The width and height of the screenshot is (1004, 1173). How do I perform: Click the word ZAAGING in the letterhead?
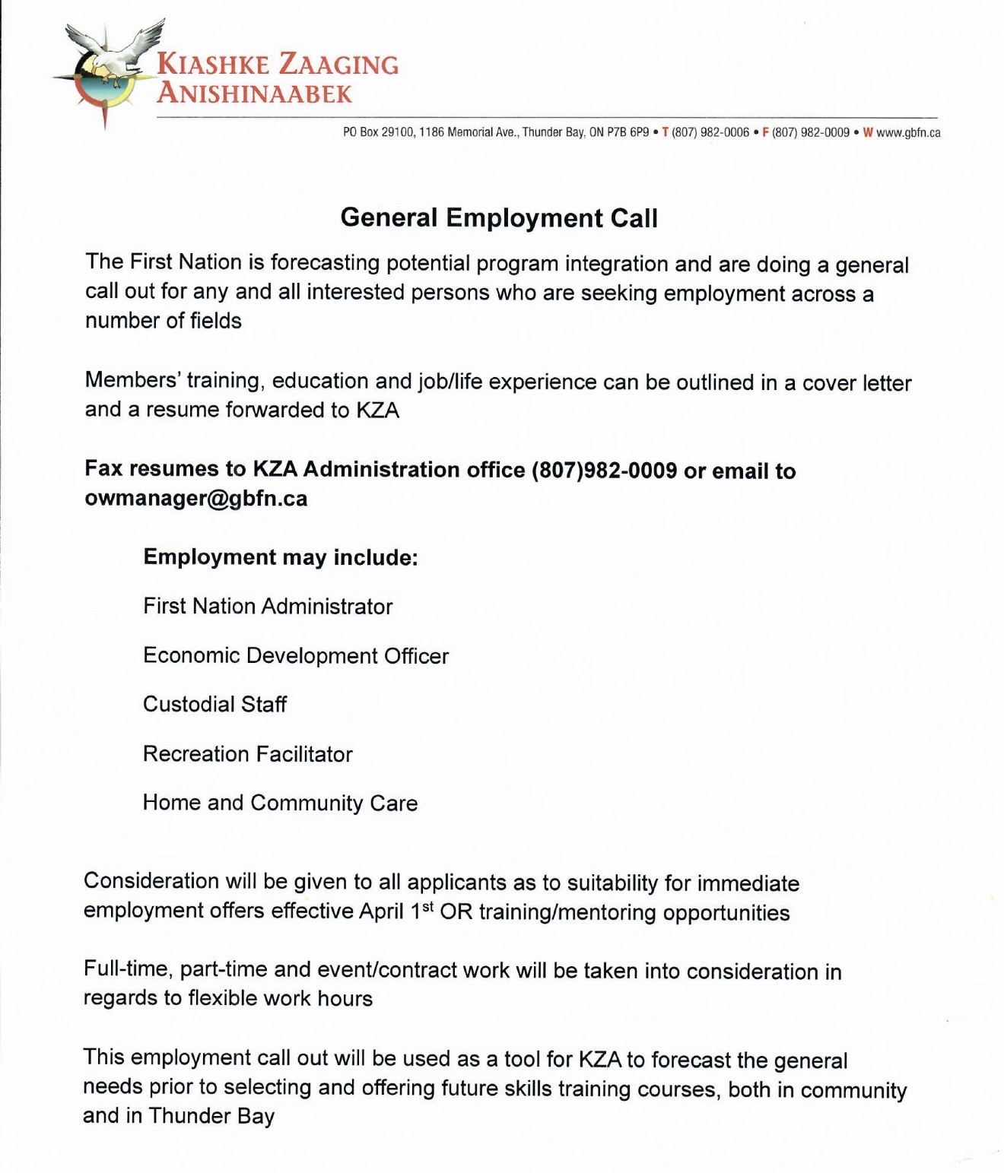[x=338, y=65]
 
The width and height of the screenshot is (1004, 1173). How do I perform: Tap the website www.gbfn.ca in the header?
[x=908, y=132]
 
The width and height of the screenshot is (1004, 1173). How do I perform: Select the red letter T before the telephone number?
[x=666, y=132]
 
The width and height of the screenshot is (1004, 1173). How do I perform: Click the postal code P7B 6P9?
[x=627, y=132]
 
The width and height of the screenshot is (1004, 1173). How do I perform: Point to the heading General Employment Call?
[x=499, y=218]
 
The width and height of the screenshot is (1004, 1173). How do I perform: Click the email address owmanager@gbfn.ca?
[x=196, y=499]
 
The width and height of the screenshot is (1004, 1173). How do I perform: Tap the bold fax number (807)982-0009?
[x=604, y=470]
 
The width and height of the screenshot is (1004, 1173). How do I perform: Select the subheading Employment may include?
[x=281, y=557]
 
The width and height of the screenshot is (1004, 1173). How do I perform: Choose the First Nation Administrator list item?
[x=268, y=607]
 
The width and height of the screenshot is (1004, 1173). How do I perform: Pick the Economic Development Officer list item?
[x=296, y=656]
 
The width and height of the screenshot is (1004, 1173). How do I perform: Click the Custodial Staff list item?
[x=214, y=705]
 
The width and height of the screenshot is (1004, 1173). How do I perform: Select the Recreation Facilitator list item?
[x=248, y=754]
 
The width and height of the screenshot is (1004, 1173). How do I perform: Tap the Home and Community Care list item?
[x=280, y=804]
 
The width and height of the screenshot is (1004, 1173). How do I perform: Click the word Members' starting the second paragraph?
[x=132, y=380]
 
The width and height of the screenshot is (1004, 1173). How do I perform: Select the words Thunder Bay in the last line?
[x=211, y=1116]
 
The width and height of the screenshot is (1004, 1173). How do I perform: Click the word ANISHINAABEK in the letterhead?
[x=255, y=94]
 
